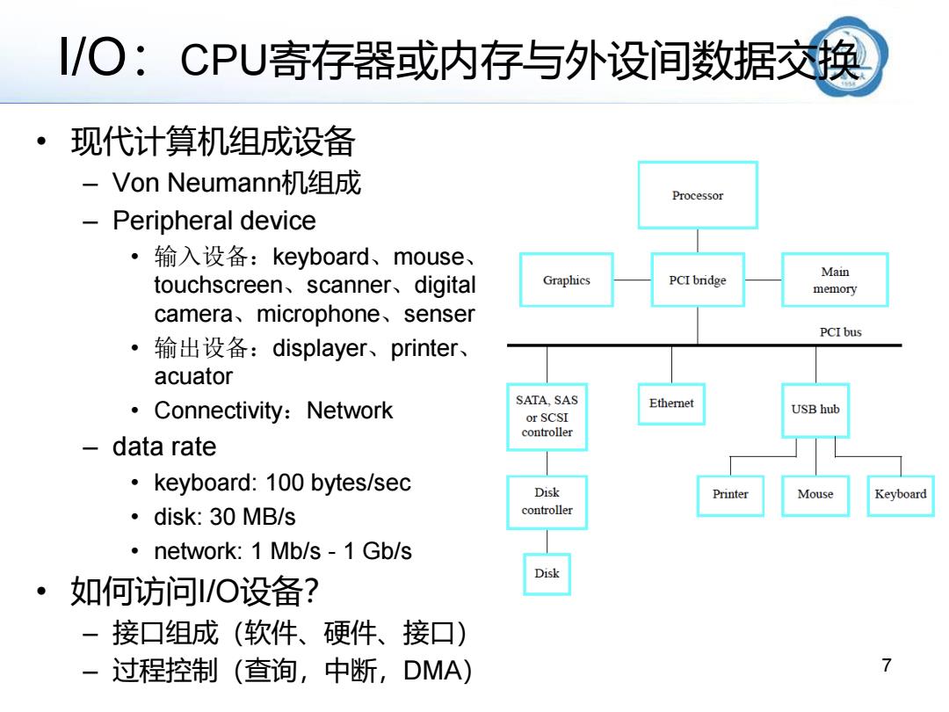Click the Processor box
[x=698, y=195]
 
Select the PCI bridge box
[x=698, y=280]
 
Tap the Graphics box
[x=567, y=280]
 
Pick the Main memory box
[x=836, y=280]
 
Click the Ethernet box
[x=671, y=403]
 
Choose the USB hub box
[x=815, y=410]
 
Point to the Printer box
[x=730, y=495]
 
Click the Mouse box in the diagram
[x=815, y=495]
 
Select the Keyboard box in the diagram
[x=901, y=495]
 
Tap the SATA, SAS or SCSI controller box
[x=547, y=417]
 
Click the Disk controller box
[x=547, y=502]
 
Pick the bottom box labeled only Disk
[x=547, y=574]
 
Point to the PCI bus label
[x=841, y=331]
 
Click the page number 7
[x=887, y=665]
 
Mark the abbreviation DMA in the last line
[x=432, y=671]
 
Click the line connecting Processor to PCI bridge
[x=698, y=241]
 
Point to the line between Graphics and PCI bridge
[x=633, y=280]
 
